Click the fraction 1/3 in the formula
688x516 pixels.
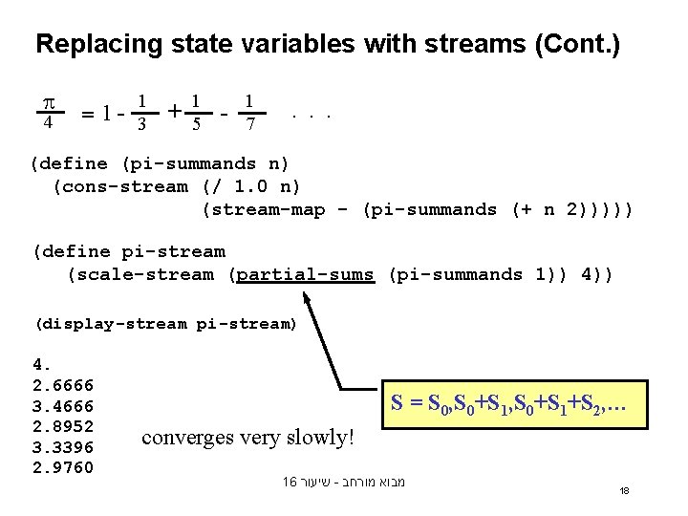tap(141, 112)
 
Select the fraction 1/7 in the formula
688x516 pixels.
tap(249, 112)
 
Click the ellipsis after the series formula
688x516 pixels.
tap(312, 114)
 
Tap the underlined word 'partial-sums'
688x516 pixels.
tap(306, 275)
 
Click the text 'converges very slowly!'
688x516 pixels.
tap(247, 438)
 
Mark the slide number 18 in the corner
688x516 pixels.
tap(624, 490)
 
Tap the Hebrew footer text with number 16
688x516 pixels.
tap(344, 482)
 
